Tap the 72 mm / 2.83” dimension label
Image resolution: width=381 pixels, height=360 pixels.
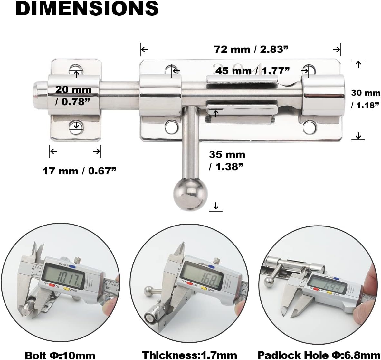point(251,49)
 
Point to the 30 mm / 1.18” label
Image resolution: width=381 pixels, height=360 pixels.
point(365,98)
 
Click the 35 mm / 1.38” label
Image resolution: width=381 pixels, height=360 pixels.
point(227,160)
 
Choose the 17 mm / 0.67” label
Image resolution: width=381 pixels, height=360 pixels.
point(79,171)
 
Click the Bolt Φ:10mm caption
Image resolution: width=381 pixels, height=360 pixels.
point(60,355)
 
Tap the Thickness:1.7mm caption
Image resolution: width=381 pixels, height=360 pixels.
point(190,355)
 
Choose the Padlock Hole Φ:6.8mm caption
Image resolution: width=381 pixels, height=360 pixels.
point(319,355)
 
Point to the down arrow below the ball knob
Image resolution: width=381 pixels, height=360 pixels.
point(215,206)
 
